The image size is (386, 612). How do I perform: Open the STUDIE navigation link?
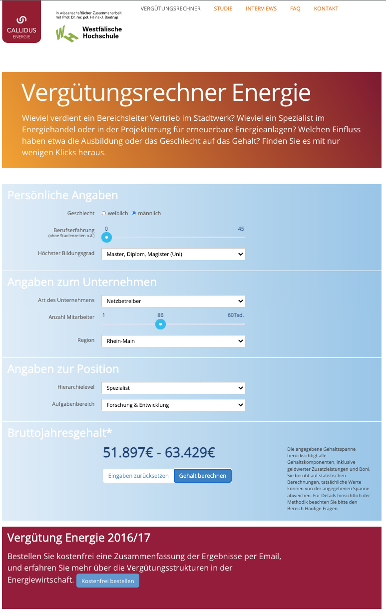point(223,8)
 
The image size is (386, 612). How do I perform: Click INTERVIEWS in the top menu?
point(261,8)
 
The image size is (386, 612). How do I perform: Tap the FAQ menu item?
point(295,8)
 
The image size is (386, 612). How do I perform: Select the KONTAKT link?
point(326,8)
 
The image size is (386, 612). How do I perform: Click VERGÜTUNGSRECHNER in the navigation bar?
point(170,8)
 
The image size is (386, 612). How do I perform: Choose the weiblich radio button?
point(104,213)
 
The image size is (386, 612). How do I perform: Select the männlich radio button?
point(134,213)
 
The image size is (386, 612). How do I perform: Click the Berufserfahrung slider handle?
point(106,237)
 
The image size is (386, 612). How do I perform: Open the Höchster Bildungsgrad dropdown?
point(173,254)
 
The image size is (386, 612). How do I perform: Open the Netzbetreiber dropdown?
point(173,301)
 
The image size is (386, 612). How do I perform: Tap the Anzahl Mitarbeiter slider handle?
point(160,324)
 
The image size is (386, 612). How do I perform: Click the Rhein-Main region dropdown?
point(173,341)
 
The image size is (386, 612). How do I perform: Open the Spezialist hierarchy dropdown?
point(173,388)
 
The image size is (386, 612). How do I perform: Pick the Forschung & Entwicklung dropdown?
point(173,405)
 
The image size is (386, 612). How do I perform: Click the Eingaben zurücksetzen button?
point(138,476)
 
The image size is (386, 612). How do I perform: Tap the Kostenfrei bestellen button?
point(108,581)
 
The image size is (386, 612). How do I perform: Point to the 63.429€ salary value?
point(190,453)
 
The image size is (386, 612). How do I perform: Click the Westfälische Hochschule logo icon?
point(67,33)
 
